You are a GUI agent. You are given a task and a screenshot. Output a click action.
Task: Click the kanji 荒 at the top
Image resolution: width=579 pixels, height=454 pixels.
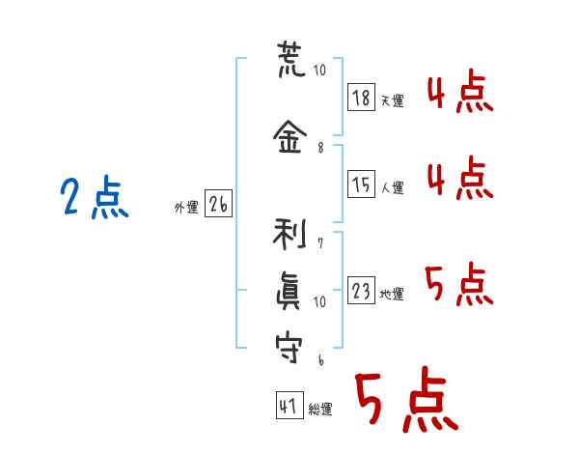coord(291,60)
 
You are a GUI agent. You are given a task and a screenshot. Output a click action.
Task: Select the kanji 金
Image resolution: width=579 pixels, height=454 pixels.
coord(289,136)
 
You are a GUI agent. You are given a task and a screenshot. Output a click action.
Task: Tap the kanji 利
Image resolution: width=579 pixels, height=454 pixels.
coord(289,234)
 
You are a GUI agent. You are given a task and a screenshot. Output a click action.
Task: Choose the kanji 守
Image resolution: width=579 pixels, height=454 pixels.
coord(289,347)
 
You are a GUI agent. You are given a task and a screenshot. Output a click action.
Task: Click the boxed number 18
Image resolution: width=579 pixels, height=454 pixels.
coord(361,98)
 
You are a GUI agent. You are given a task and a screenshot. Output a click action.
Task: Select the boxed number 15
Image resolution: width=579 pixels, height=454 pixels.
coord(361,184)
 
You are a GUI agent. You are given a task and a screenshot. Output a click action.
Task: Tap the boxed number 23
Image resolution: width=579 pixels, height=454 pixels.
coord(361,290)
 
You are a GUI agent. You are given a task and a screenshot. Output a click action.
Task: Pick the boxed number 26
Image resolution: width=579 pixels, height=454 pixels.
coord(218,204)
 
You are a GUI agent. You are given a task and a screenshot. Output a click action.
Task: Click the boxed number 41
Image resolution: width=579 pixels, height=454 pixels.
coord(289,405)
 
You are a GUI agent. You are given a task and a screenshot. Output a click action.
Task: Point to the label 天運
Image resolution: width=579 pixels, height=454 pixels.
coord(392,100)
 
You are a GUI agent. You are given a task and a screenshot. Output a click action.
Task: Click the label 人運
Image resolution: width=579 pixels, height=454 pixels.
coord(392,187)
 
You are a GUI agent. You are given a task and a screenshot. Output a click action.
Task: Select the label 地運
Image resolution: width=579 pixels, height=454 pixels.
coord(392,294)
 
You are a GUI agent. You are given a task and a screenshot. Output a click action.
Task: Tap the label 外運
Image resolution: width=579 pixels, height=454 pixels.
coord(186,208)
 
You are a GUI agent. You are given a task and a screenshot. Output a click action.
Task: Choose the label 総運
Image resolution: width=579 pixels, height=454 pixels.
coord(320,409)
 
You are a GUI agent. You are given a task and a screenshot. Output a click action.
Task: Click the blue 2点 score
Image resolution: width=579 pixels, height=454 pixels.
coord(95,197)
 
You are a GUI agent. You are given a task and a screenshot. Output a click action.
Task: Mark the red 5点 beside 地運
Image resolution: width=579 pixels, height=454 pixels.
coord(459,284)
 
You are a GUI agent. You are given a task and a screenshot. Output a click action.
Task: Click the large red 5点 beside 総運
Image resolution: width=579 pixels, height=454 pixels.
coord(406,399)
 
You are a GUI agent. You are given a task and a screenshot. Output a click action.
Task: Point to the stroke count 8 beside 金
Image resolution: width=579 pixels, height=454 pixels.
coord(320,148)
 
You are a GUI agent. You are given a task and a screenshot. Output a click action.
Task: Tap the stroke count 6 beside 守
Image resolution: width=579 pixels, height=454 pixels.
coord(321,359)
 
